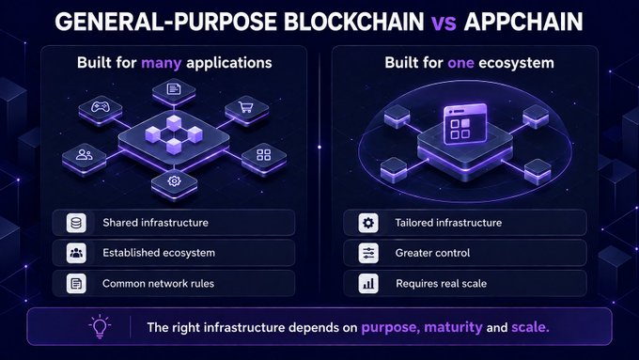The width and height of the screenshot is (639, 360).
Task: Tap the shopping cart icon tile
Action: coord(246,110)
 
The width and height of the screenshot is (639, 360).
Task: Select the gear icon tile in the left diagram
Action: coord(174,183)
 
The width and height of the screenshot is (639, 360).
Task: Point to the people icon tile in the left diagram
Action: coord(84,158)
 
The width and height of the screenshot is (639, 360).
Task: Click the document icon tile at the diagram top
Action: coord(174,91)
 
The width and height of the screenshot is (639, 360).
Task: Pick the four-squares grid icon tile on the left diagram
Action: coord(264,158)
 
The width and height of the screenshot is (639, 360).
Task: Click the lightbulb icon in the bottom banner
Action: coord(100,326)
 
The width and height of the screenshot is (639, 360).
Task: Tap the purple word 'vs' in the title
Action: coord(444,22)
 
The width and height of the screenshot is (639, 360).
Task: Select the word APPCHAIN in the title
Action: coord(523,22)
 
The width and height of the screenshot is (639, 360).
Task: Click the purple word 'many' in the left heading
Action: coord(161,63)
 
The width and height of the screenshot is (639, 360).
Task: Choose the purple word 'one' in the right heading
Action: coord(460,63)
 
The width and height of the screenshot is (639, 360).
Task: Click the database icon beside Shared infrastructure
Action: coord(76,223)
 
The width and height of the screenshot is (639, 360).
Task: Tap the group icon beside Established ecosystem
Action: coord(76,253)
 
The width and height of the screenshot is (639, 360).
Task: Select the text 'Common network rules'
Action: coord(158,283)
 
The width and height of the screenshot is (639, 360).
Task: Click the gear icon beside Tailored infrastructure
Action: coord(368,223)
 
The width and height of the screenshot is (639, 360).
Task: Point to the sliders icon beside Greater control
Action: coord(368,253)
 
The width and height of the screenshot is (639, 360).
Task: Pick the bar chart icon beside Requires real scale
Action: coord(368,283)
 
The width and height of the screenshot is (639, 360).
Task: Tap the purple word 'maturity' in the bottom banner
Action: coord(453,327)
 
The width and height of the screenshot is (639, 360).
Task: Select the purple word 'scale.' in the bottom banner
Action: coord(530,327)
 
